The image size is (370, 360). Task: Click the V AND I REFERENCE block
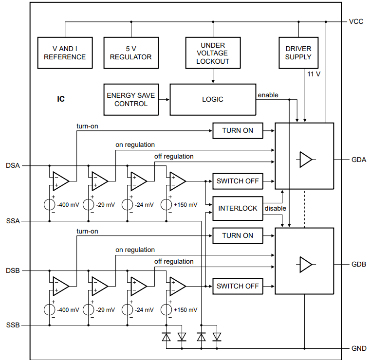(65, 53)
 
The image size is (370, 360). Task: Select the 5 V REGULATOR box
(130, 53)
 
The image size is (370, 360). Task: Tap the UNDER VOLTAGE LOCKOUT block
(212, 53)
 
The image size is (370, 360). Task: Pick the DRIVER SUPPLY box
(298, 53)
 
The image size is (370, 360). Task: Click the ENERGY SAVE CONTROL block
(131, 99)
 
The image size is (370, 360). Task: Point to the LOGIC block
(212, 99)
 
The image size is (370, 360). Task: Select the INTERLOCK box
(238, 208)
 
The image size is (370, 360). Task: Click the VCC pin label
(356, 22)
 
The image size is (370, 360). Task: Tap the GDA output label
(358, 160)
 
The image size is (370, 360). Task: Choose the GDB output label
(358, 265)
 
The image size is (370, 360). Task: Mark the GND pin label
(358, 348)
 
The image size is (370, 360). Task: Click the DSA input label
(13, 165)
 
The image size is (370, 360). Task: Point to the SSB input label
(13, 325)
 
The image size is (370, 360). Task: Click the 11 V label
(314, 74)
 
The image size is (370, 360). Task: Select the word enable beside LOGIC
(268, 95)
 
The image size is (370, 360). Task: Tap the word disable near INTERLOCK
(275, 208)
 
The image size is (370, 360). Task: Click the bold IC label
(61, 99)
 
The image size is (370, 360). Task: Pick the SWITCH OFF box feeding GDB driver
(238, 286)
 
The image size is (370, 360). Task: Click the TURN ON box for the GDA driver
(238, 130)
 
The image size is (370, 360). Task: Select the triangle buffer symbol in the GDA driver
(306, 160)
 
